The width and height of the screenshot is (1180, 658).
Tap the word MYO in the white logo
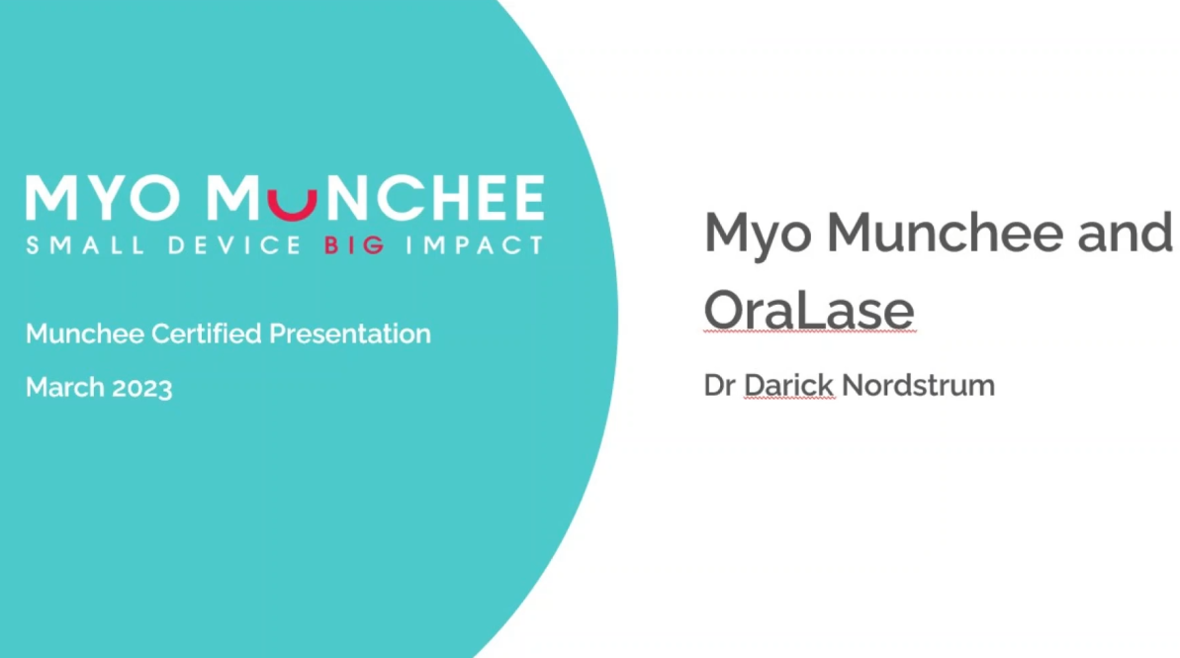point(102,198)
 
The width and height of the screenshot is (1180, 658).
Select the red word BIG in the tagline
point(354,245)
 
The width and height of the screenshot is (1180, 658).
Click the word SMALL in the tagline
point(85,245)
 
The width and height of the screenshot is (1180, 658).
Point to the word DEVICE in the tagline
point(234,245)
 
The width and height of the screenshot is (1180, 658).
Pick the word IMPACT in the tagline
point(474,245)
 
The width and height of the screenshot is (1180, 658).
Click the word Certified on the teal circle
point(206,333)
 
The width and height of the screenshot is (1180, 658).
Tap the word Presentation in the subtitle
point(350,333)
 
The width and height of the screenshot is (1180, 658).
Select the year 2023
point(141,388)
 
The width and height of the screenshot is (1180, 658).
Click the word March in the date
point(64,387)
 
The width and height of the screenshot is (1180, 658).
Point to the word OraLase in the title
point(809,310)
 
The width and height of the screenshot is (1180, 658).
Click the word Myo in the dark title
point(758,235)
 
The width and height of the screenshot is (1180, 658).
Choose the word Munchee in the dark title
point(946,232)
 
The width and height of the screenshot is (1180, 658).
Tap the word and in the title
point(1125,232)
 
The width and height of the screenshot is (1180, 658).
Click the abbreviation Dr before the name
point(719,386)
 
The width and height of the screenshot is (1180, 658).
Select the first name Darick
point(788,385)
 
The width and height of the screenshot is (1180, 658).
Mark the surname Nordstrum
point(918,386)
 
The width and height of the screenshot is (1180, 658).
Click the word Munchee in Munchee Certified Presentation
point(85,333)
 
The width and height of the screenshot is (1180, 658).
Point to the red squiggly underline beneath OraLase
point(810,331)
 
